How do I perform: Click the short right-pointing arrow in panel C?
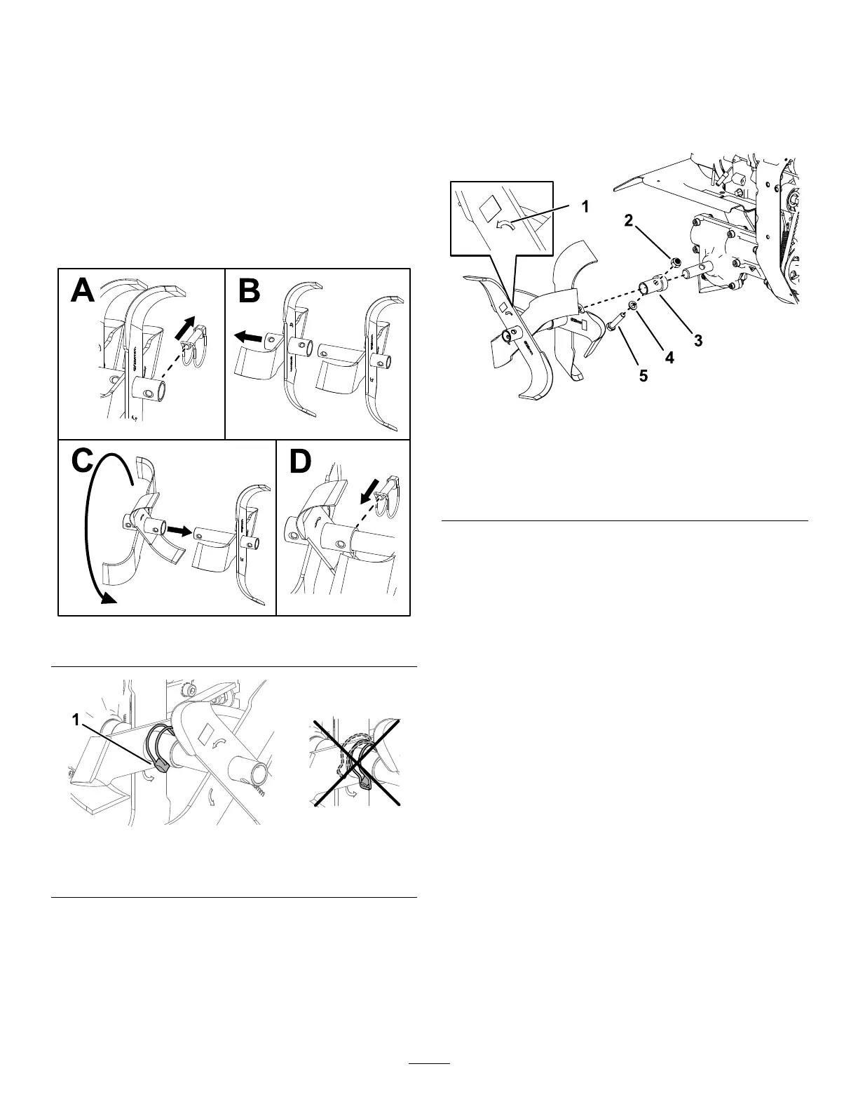177,532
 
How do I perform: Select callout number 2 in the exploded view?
629,221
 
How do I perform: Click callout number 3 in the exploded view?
698,342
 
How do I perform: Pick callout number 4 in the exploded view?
669,358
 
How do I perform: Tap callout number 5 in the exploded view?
643,376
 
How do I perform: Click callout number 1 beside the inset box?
584,208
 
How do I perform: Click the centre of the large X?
357,763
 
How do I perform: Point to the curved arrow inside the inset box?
503,224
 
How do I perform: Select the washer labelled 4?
632,305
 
